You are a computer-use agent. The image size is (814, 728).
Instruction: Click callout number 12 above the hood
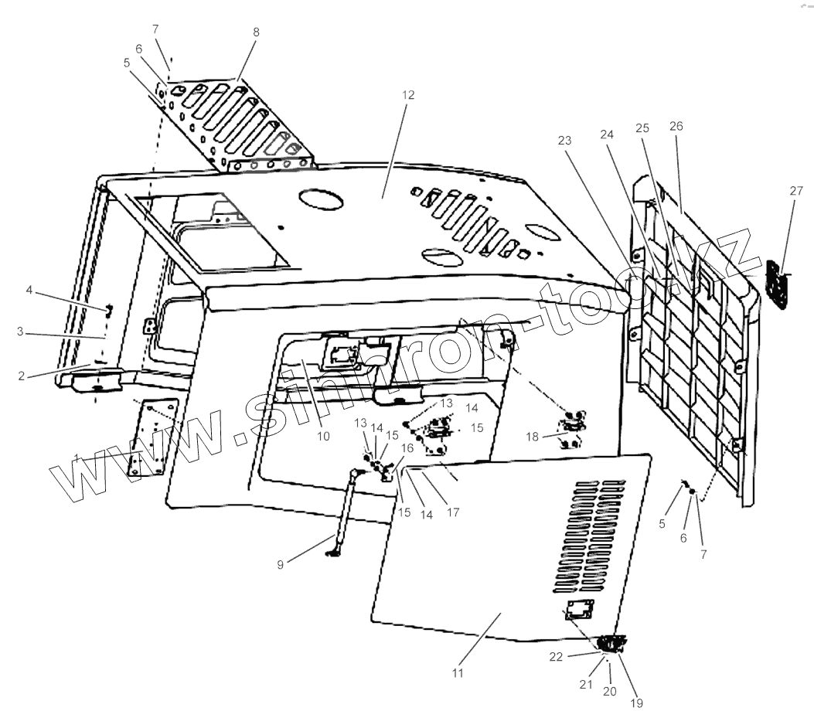(x=408, y=95)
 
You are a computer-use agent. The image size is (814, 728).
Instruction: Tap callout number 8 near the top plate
(x=256, y=32)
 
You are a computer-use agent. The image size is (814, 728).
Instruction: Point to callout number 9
(x=281, y=564)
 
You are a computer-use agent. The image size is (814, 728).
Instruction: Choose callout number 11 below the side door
(x=458, y=673)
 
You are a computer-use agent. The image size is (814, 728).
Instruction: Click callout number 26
(x=677, y=126)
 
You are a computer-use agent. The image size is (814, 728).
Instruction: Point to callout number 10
(x=323, y=436)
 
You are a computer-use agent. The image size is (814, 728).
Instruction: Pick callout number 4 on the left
(x=29, y=291)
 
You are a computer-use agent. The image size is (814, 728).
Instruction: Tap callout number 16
(x=407, y=448)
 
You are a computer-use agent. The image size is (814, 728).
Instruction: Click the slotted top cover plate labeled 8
(x=240, y=124)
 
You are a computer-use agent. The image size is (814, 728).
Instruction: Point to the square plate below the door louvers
(x=580, y=610)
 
